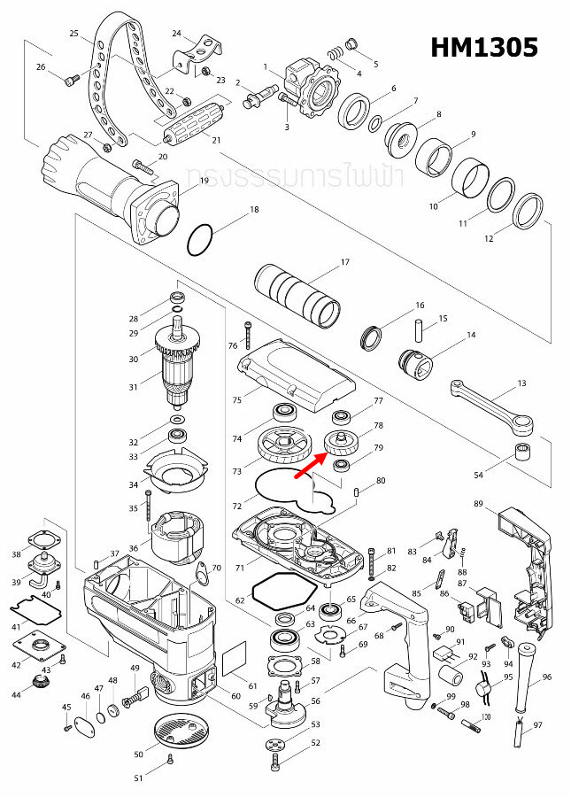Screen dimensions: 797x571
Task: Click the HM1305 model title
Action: [484, 47]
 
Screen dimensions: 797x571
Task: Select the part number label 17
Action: [345, 262]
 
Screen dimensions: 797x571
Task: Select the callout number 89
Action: [478, 504]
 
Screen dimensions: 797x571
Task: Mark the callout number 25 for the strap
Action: [74, 33]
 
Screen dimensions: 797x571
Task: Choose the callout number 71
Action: [238, 568]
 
